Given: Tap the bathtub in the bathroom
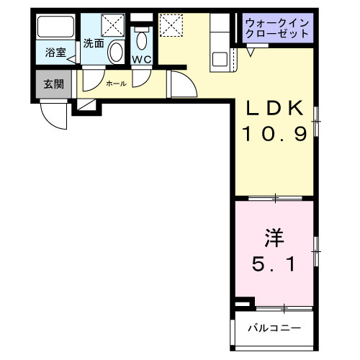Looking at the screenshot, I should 56,30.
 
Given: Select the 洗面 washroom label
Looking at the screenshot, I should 93,42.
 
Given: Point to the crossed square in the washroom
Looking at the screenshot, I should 113,26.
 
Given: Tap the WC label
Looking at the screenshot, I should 141,60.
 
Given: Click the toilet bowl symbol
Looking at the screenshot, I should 142,37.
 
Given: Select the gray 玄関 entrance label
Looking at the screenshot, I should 53,84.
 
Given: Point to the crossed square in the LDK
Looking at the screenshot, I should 171,25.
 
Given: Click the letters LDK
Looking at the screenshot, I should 276,109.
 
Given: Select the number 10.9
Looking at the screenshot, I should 276,133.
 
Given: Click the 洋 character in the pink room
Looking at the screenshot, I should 272,238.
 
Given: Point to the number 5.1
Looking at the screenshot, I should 273,264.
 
